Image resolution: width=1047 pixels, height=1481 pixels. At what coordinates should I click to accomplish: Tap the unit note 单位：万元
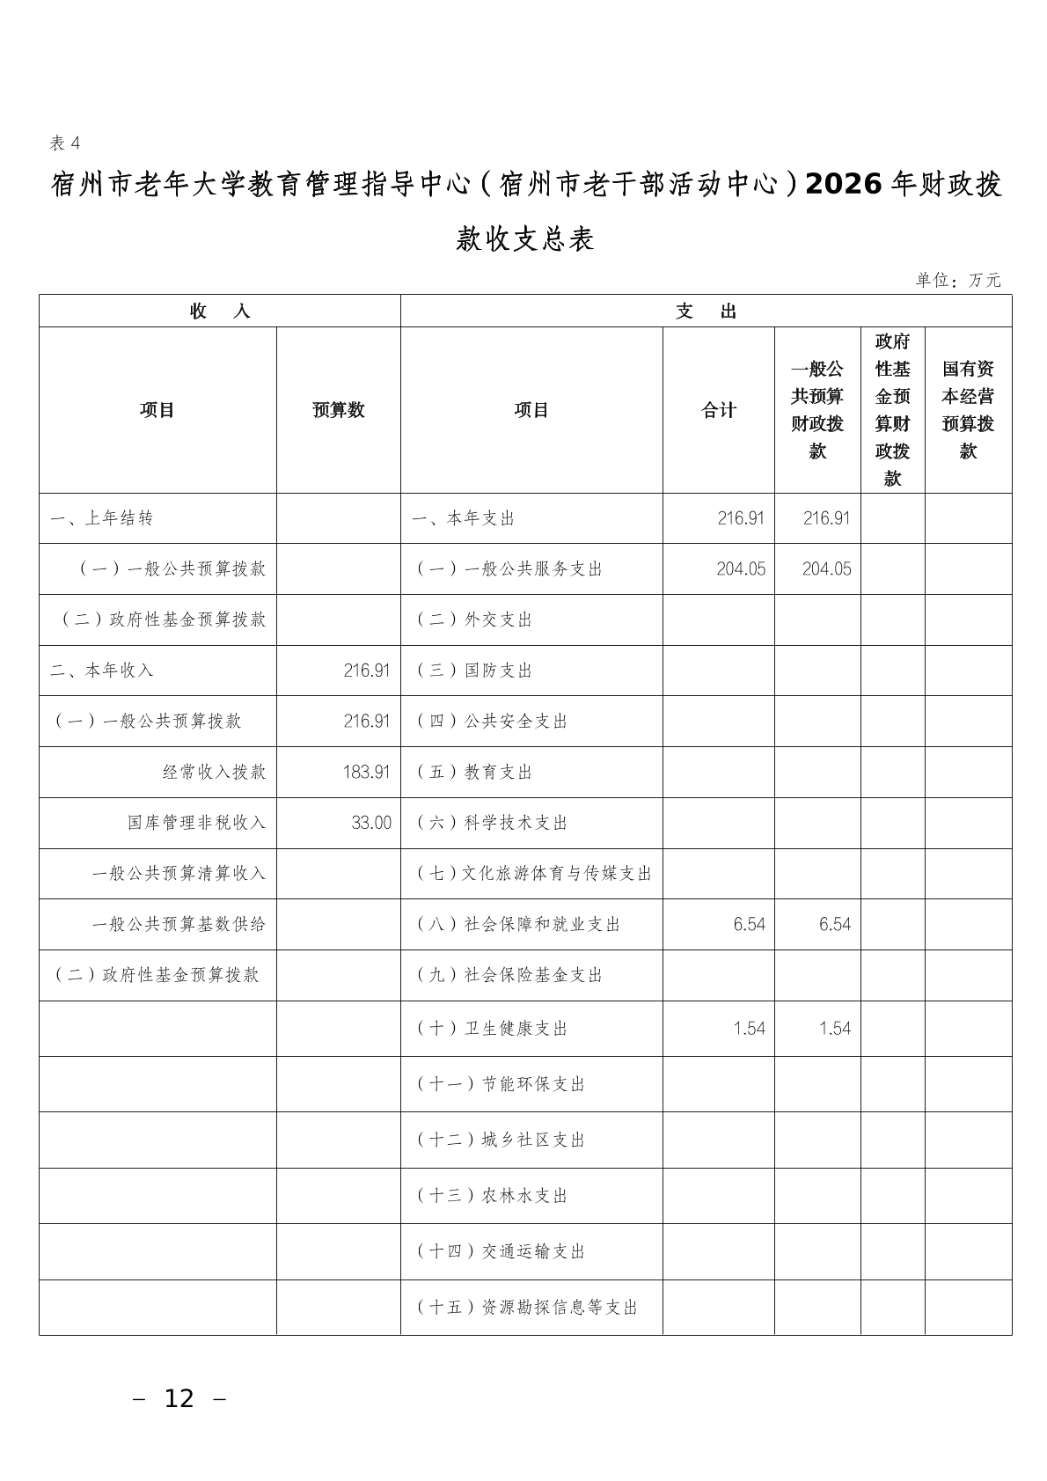click(957, 280)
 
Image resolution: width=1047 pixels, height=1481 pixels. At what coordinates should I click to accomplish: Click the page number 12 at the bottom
click(179, 1398)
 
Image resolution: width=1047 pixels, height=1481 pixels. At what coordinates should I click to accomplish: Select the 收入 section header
click(220, 312)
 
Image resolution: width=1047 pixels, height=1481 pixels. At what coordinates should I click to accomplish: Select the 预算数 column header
click(338, 410)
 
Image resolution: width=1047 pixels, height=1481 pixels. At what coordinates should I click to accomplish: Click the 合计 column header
click(718, 410)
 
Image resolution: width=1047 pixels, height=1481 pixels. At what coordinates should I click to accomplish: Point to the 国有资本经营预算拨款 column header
click(968, 410)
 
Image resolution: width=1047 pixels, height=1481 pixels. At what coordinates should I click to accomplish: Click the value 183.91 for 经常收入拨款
click(366, 772)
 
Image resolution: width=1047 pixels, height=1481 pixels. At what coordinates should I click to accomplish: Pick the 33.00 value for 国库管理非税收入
click(371, 823)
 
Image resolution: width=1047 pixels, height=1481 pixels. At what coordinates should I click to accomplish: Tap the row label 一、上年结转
click(101, 518)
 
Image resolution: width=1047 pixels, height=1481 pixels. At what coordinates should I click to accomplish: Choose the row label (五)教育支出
click(474, 772)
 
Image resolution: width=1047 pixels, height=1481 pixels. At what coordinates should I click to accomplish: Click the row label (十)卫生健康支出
click(492, 1028)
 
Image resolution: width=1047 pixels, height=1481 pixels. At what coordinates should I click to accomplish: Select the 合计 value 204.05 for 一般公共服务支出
click(740, 568)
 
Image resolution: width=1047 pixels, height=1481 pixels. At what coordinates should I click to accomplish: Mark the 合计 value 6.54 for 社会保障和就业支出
click(749, 924)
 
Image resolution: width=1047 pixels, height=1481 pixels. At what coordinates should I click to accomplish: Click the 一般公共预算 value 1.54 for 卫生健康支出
click(834, 1028)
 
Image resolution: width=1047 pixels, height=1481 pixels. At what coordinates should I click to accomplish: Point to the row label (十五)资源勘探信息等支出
click(527, 1308)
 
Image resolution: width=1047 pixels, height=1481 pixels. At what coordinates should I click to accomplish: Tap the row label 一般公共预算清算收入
click(179, 874)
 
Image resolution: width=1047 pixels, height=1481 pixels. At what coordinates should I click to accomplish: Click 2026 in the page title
click(843, 184)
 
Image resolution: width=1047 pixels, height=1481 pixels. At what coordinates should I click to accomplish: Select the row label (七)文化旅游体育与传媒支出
click(534, 874)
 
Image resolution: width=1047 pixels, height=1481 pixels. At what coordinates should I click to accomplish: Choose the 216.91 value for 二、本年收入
click(366, 671)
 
